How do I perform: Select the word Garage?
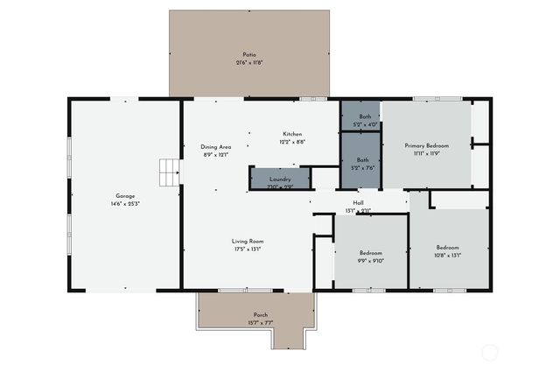[125, 195]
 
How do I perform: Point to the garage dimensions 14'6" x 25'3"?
[125, 203]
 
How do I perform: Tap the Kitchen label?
[292, 134]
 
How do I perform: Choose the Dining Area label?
[215, 147]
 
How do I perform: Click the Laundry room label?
[280, 179]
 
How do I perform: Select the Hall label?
[359, 202]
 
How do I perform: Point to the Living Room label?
[248, 242]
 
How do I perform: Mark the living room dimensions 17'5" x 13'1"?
[248, 249]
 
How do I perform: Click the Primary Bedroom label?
[426, 145]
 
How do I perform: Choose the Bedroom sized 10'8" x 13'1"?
[447, 249]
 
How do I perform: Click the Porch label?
[261, 315]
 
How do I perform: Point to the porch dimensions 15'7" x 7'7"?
[261, 323]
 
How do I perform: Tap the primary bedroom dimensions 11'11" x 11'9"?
[426, 153]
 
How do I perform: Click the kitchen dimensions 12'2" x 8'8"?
[292, 142]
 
